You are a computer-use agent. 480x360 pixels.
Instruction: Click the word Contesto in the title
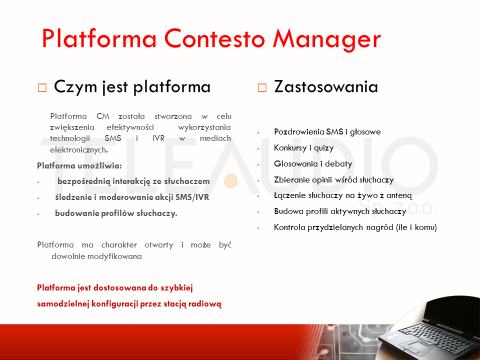click(x=214, y=38)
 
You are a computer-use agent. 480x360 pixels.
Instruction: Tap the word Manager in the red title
click(x=327, y=40)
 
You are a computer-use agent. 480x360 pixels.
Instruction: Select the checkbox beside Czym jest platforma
click(x=42, y=87)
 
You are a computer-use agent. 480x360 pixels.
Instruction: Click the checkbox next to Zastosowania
click(x=262, y=87)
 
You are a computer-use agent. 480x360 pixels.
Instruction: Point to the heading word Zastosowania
click(x=326, y=86)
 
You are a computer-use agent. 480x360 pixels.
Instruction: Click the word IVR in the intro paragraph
click(x=158, y=138)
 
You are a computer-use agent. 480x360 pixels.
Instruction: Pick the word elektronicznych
click(x=79, y=149)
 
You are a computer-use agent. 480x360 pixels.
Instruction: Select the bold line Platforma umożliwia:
click(x=79, y=165)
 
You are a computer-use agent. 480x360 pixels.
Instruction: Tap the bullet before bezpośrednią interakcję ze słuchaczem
click(x=38, y=182)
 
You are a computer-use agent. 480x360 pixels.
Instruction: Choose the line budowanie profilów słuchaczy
click(x=116, y=213)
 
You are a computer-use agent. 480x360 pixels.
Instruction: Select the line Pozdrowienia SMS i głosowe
click(x=327, y=131)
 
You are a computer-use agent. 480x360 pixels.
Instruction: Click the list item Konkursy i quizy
click(x=303, y=148)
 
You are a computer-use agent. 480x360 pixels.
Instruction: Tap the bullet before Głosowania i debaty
click(x=258, y=164)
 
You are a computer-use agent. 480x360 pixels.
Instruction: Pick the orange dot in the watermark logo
click(x=231, y=181)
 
